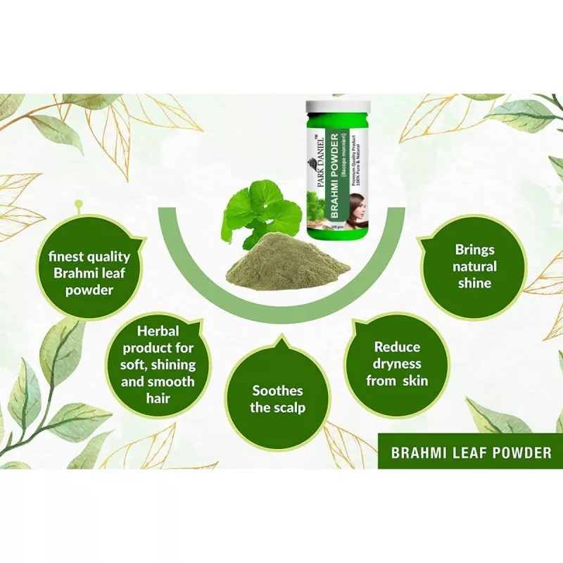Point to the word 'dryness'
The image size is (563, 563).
(396, 365)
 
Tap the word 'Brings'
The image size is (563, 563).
(474, 250)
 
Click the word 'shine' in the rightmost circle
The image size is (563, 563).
(474, 284)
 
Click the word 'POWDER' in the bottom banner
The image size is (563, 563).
(517, 453)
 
